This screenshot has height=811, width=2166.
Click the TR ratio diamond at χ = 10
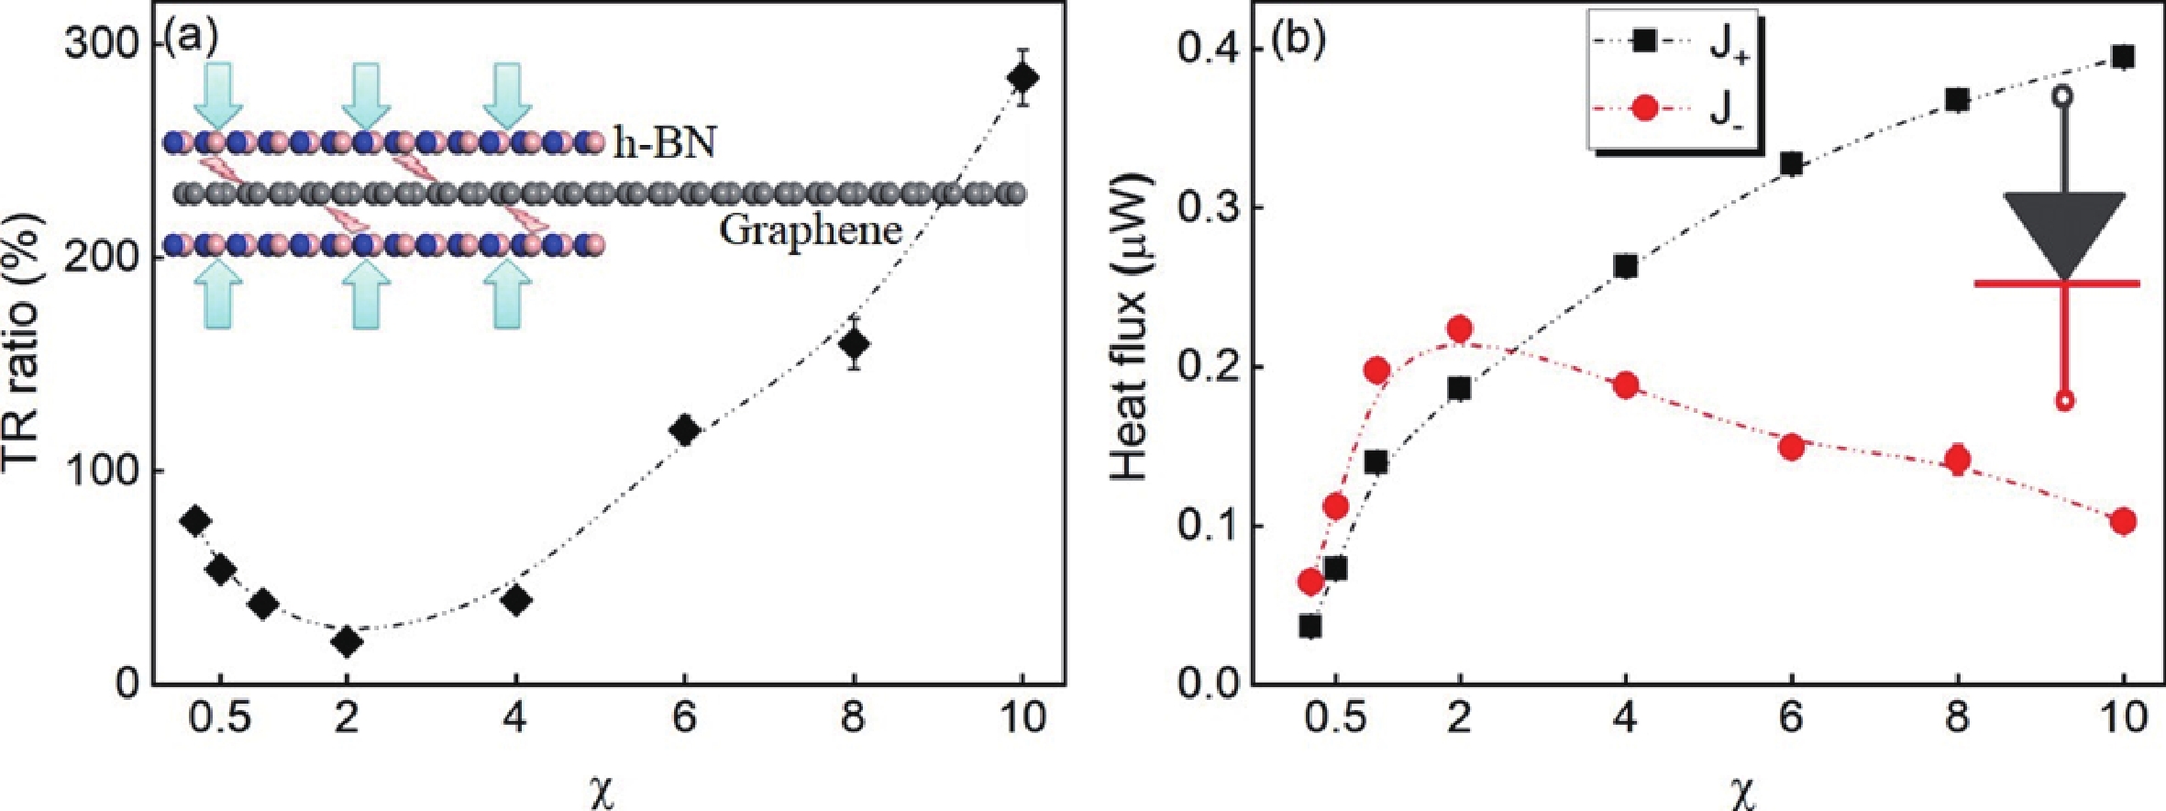pyautogui.click(x=1022, y=77)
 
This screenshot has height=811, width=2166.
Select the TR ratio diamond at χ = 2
pyautogui.click(x=347, y=642)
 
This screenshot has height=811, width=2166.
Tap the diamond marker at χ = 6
pyautogui.click(x=684, y=429)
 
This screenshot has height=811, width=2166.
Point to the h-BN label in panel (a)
pyautogui.click(x=665, y=143)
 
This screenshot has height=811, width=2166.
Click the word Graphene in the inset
pyautogui.click(x=810, y=229)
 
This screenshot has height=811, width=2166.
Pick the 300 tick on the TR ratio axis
pyautogui.click(x=100, y=43)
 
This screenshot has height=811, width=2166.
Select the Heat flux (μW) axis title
pyautogui.click(x=1132, y=326)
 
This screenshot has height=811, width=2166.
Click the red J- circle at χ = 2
pyautogui.click(x=1460, y=328)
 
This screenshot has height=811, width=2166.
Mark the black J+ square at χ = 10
pyautogui.click(x=2122, y=57)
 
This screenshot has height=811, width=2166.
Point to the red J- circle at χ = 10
pyautogui.click(x=2122, y=521)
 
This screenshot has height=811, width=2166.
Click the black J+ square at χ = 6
pyautogui.click(x=1791, y=164)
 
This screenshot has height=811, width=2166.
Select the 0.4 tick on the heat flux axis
pyautogui.click(x=1210, y=49)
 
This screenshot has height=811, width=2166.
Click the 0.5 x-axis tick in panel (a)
pyautogui.click(x=219, y=717)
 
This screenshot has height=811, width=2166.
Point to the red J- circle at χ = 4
pyautogui.click(x=1626, y=384)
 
